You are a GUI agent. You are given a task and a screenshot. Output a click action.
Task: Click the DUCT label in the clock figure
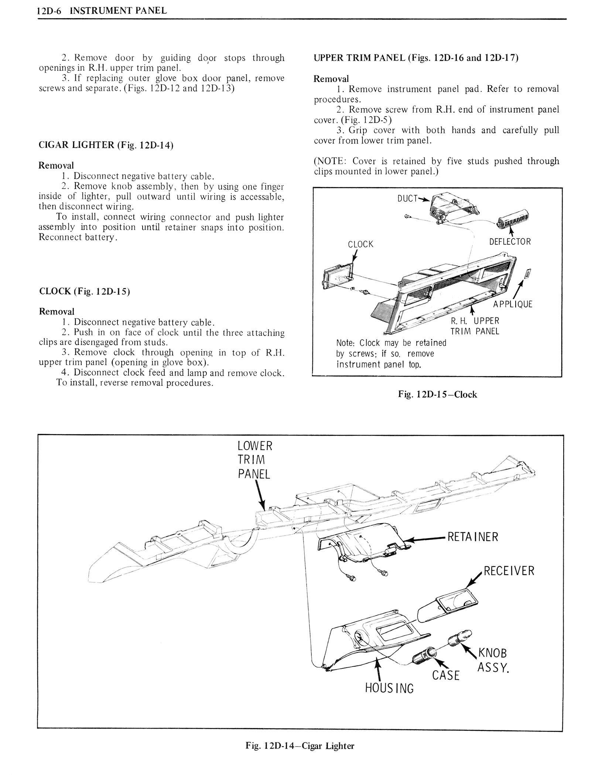coord(407,198)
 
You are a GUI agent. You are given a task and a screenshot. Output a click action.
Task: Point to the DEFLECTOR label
coord(510,242)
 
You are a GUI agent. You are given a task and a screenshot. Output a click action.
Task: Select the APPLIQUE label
coord(513,304)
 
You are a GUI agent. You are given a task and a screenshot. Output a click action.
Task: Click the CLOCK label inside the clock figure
coord(361,244)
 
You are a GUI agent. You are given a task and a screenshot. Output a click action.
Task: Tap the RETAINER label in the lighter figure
coord(472,536)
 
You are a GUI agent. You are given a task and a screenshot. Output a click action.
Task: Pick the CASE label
coord(446,675)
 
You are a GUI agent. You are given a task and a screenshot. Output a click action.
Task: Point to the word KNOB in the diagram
coord(492,653)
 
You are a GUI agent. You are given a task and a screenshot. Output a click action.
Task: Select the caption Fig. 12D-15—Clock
coord(437,395)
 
